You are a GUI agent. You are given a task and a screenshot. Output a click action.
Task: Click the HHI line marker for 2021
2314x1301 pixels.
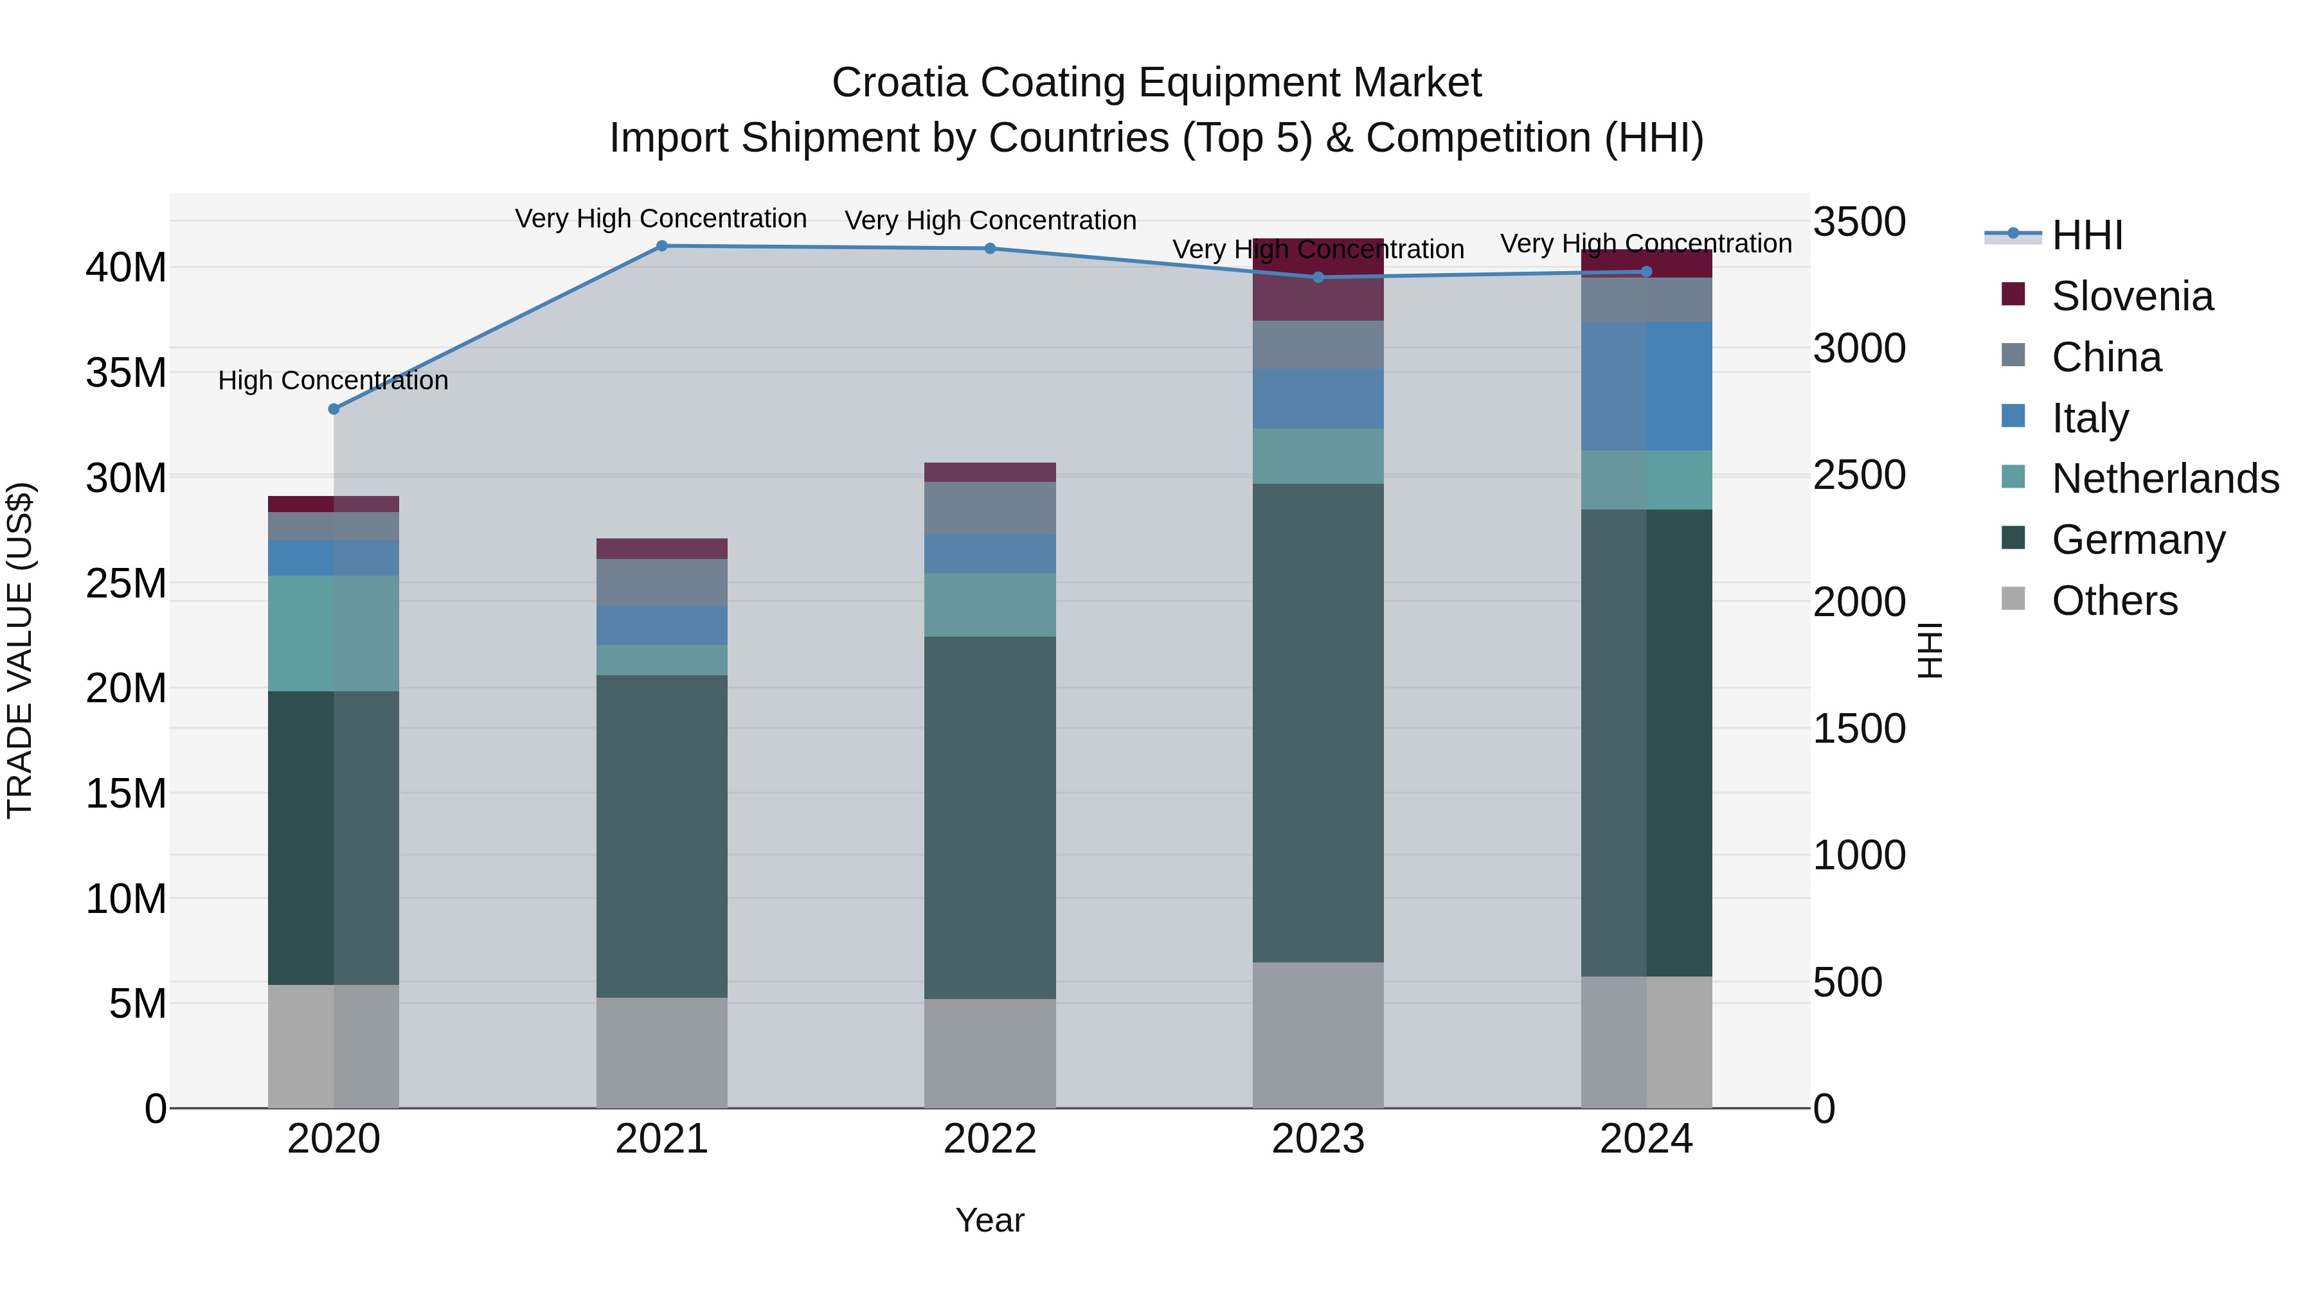[662, 246]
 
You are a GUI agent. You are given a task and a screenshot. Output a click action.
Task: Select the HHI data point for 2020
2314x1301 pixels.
[334, 409]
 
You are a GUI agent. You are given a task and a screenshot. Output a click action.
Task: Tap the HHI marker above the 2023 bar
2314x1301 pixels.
[1319, 278]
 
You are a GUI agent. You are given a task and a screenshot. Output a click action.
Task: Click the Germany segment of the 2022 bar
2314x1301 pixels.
[990, 817]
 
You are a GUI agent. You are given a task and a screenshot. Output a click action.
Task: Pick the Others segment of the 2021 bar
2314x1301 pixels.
[662, 1052]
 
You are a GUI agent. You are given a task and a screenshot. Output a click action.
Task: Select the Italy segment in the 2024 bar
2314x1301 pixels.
[1647, 386]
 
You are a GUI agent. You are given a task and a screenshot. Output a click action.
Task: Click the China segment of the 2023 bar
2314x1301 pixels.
[1319, 345]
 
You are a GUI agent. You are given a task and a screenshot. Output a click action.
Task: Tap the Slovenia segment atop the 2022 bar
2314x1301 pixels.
[990, 472]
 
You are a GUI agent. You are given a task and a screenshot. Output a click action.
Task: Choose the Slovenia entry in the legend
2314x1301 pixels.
[2131, 296]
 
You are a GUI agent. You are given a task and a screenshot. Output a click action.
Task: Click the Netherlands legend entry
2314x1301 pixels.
[2165, 479]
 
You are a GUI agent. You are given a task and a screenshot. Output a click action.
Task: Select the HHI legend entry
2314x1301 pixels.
[2086, 235]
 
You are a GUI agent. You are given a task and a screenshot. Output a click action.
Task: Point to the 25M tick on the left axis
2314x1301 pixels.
[126, 583]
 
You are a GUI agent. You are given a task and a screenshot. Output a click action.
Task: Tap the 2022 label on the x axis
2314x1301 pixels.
[990, 1139]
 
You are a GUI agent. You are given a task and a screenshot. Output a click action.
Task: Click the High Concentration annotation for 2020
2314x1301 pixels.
[333, 381]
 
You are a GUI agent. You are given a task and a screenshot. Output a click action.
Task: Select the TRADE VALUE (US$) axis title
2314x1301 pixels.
[20, 650]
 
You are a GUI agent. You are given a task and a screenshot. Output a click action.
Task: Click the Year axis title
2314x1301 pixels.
[990, 1220]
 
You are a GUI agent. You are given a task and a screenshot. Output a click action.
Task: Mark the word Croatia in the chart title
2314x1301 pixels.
[899, 83]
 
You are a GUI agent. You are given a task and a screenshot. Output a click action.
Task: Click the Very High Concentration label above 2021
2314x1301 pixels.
[661, 219]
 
